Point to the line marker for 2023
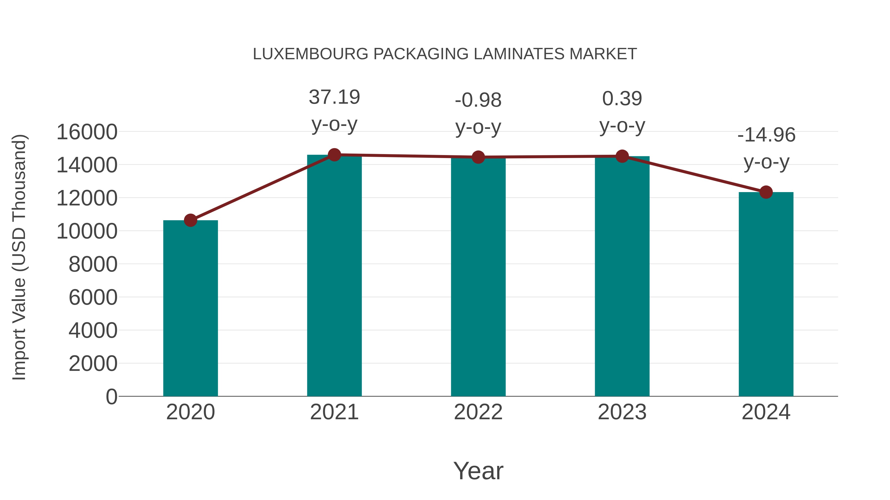[x=622, y=156]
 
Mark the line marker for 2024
[x=766, y=192]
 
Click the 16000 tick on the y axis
[x=87, y=132]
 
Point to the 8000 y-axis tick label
[x=93, y=265]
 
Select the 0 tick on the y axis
[x=111, y=397]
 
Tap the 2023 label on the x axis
[x=622, y=412]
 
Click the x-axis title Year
[x=478, y=471]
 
